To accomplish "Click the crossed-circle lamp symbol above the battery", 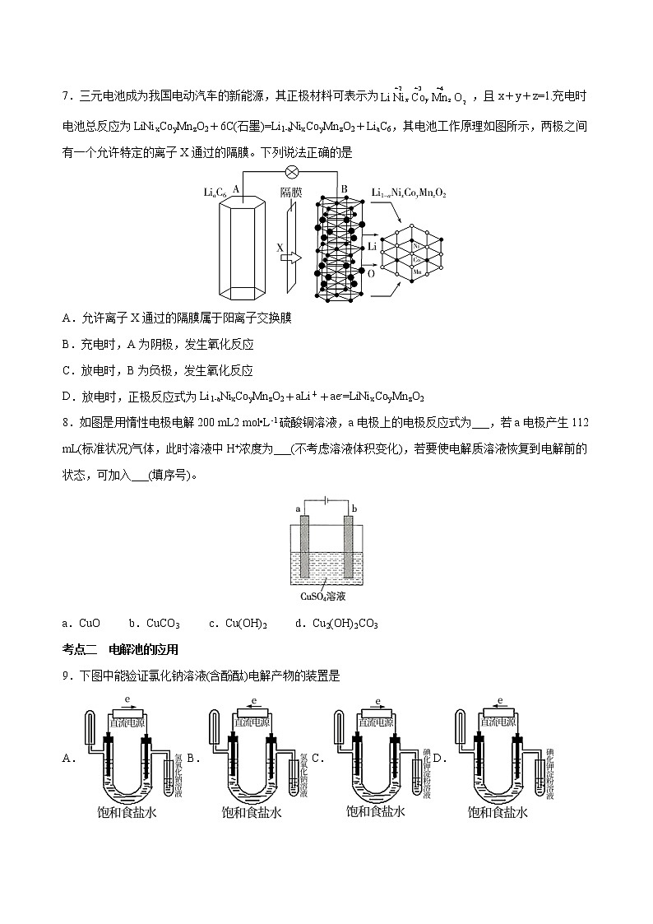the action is (290, 172).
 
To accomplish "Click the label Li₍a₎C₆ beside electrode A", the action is (215, 192).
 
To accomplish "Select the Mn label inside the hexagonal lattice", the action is (417, 271).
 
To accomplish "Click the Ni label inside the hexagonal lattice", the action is (416, 246).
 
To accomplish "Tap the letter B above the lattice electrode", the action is (345, 188).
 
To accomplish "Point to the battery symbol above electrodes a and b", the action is (326, 499).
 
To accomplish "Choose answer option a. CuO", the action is (81, 624).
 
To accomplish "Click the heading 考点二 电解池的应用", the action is (120, 649).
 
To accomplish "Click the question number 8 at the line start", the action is (65, 422).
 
